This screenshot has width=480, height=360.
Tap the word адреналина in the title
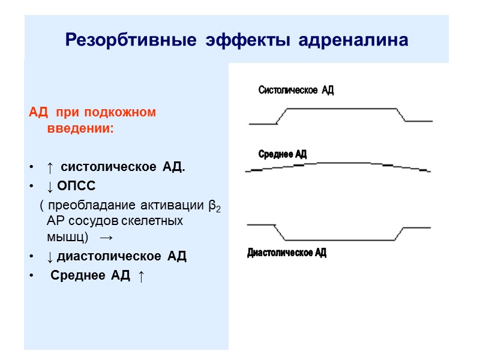357,40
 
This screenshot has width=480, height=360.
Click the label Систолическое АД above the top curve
296,91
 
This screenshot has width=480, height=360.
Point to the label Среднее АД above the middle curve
282,154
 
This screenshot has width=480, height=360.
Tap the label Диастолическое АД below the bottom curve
287,253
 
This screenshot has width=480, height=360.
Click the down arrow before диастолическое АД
50,257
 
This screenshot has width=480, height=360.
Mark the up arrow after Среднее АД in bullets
140,276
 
